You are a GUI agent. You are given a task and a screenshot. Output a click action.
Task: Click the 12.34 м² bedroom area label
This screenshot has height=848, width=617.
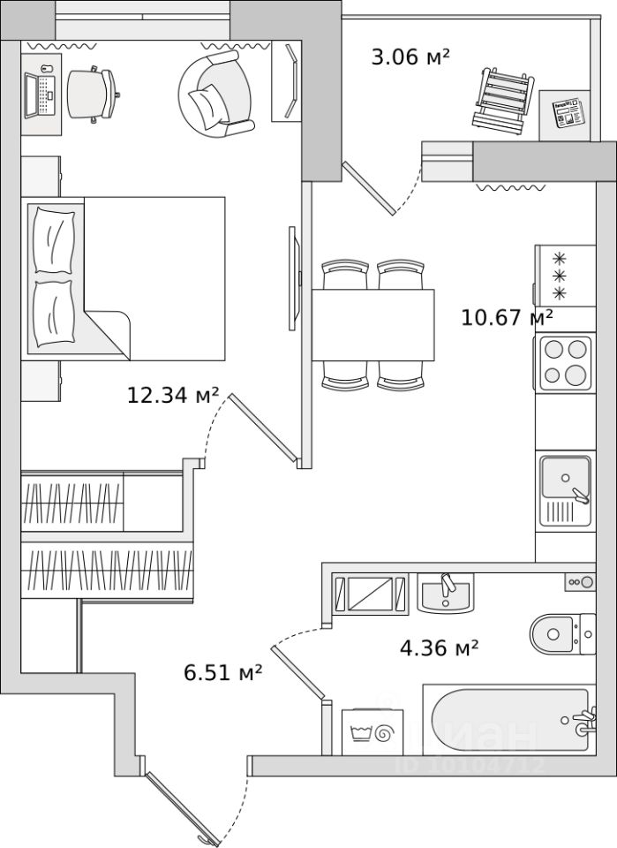click(173, 395)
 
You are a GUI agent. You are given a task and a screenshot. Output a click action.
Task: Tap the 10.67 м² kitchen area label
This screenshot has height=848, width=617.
click(507, 316)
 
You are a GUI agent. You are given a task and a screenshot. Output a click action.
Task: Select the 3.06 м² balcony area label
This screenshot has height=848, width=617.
click(410, 58)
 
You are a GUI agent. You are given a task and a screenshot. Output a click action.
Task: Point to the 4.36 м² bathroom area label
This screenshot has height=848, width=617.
click(440, 649)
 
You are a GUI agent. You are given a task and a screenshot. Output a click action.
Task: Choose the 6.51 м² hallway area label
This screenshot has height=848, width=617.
click(223, 673)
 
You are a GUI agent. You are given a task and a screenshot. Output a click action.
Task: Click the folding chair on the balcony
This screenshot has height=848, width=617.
click(504, 99)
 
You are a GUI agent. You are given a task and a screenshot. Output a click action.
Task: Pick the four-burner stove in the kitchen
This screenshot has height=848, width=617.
click(563, 362)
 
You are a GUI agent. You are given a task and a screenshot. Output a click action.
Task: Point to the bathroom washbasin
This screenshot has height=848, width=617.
click(445, 594)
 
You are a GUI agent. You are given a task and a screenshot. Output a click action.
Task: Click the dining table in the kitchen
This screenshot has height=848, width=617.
click(374, 326)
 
